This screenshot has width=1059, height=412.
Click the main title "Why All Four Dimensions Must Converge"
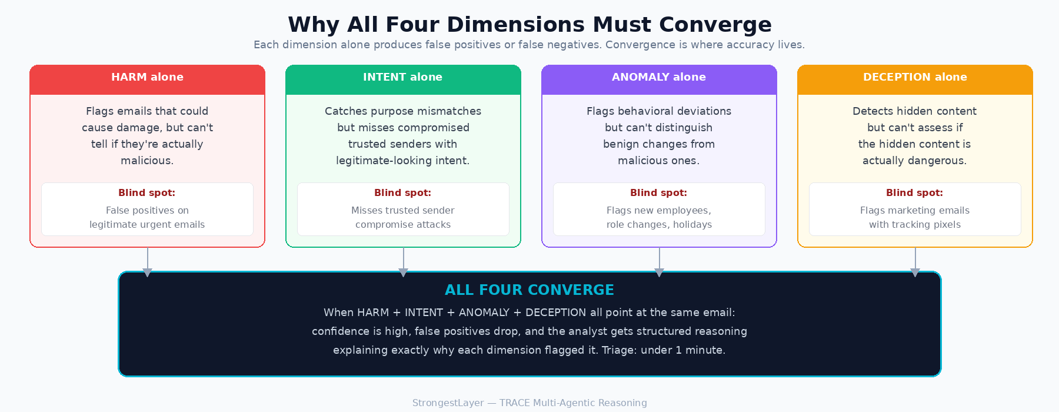pos(529,25)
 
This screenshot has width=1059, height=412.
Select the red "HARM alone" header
pos(147,77)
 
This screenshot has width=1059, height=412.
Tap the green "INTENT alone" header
pos(403,77)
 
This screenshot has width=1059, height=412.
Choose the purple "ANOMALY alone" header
pos(659,77)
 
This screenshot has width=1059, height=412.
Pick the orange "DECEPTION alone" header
pos(915,77)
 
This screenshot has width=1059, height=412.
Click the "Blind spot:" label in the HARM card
pos(147,193)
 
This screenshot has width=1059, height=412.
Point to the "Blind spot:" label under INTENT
pos(403,193)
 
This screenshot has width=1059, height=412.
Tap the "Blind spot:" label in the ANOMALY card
pos(659,193)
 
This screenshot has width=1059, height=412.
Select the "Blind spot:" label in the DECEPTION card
pos(915,193)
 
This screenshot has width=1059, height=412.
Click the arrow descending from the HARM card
pos(148,262)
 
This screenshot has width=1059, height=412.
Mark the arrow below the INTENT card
pos(404,262)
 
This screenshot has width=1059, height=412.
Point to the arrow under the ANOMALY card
pos(660,262)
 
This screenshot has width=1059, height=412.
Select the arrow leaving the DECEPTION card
pos(915,262)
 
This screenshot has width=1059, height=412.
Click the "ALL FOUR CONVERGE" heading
pos(529,290)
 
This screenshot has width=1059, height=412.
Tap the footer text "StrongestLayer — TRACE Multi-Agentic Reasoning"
pos(529,403)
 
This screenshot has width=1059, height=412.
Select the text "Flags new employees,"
pos(659,211)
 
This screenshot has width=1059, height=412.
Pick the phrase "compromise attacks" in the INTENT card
pos(403,225)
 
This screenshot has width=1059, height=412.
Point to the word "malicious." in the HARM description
pos(147,161)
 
